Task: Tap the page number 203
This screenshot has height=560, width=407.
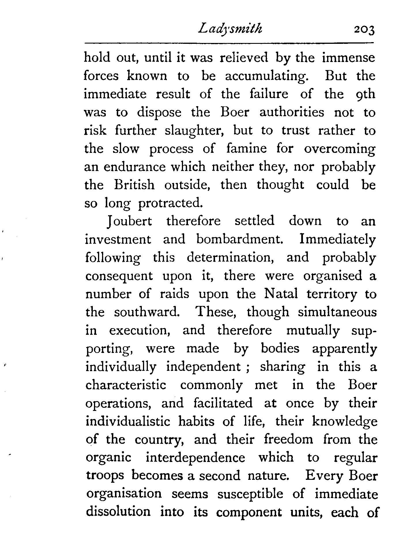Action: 364,30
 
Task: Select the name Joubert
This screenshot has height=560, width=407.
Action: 129,221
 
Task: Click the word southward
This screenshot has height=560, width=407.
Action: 146,312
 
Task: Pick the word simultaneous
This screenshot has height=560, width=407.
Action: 337,312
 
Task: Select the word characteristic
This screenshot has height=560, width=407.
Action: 126,385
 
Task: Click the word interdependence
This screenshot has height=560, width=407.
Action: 195,458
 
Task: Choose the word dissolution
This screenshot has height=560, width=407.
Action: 118,512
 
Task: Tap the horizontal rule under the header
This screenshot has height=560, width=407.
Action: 229,44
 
